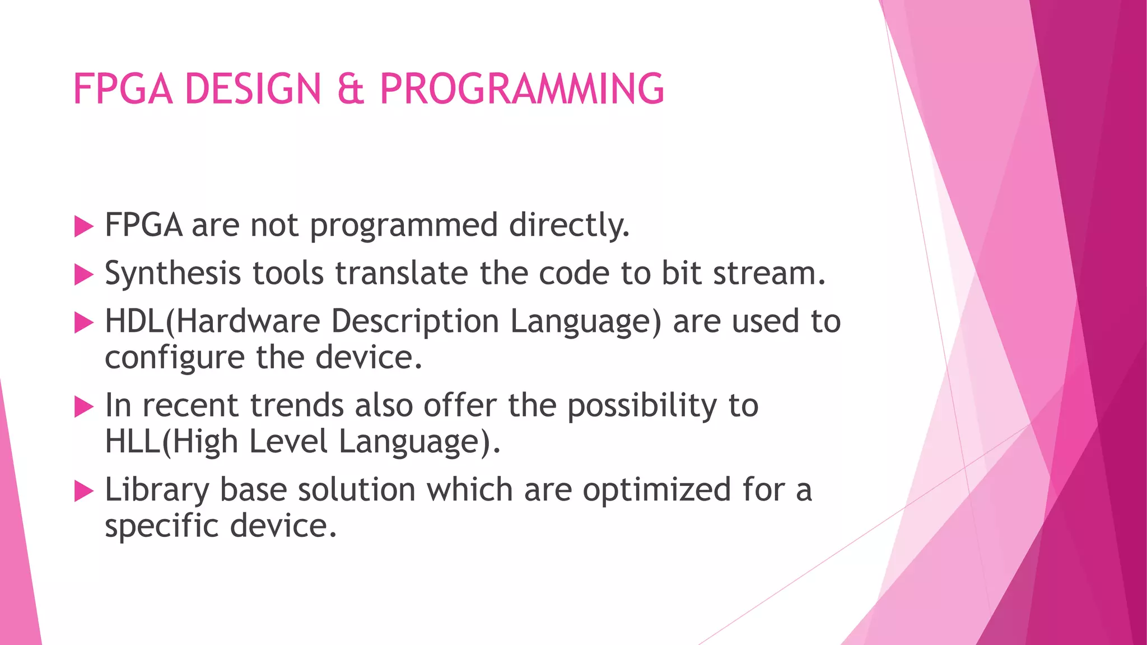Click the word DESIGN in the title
point(253,90)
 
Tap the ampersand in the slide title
point(351,90)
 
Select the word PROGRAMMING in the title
point(521,90)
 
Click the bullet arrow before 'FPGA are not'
point(83,227)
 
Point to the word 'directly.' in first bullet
point(569,226)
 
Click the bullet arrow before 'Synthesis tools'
point(83,275)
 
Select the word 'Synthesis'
point(172,274)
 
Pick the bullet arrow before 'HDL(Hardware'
point(83,323)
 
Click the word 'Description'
point(414,322)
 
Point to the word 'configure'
point(174,358)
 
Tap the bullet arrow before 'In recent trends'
point(83,407)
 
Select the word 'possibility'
point(642,406)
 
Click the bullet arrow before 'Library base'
point(83,492)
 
